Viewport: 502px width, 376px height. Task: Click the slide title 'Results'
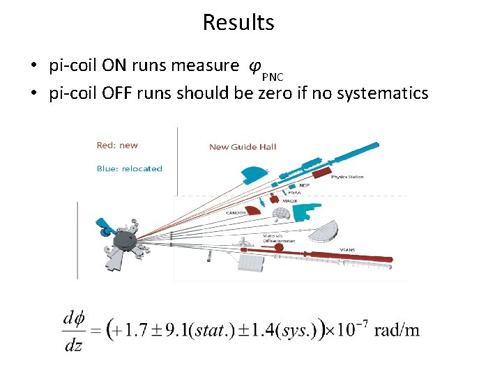238,22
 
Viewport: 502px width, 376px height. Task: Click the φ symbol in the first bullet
255,66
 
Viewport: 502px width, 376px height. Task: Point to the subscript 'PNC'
273,76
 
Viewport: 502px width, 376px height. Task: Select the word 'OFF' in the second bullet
119,93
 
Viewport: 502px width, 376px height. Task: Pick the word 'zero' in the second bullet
275,93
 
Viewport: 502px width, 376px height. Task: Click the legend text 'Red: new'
117,145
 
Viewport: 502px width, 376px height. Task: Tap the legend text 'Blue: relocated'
129,169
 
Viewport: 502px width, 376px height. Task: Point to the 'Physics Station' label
347,177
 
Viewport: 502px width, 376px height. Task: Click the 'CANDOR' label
236,212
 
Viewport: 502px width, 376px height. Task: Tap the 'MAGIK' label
290,201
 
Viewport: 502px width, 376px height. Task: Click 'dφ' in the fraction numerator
73,318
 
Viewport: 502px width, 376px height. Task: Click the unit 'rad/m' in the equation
397,329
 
